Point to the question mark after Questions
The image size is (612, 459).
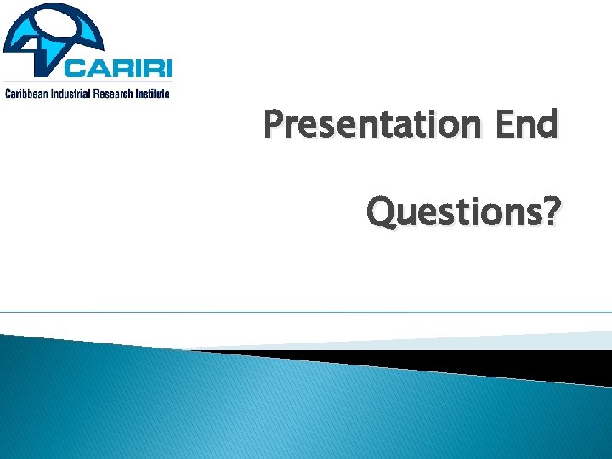coord(552,212)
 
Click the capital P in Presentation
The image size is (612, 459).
coord(273,125)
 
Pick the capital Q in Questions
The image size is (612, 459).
coord(378,212)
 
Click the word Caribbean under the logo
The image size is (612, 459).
coord(26,93)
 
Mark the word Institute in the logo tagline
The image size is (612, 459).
coord(153,93)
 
